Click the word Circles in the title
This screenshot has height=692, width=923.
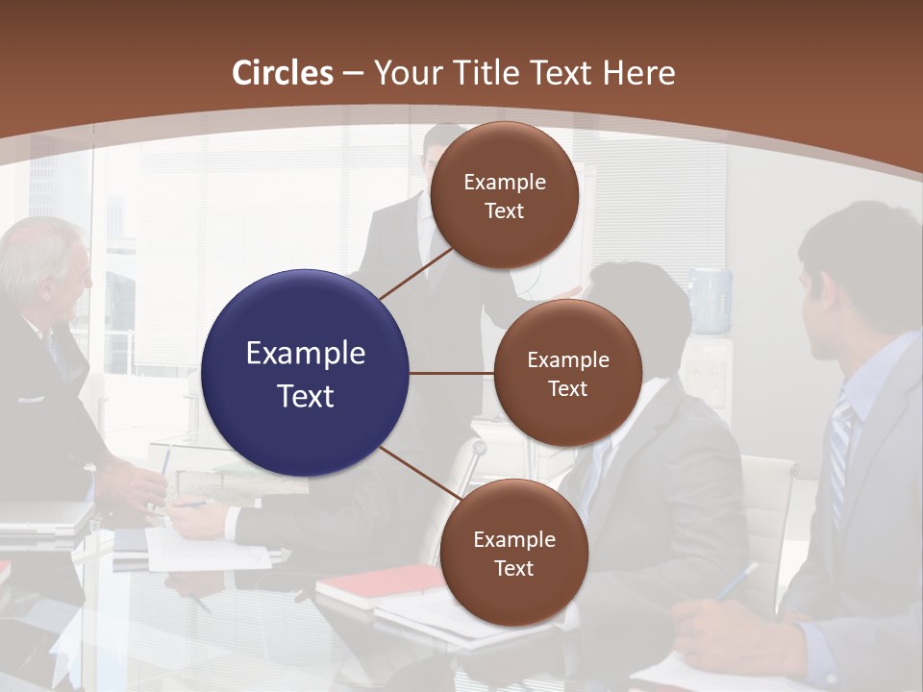tap(282, 73)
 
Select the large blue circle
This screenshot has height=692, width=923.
tap(306, 373)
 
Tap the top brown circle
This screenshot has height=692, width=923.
tap(505, 196)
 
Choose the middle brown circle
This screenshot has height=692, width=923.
tap(568, 373)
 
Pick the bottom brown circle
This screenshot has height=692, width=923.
tap(513, 553)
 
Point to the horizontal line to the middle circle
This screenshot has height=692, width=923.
tap(452, 373)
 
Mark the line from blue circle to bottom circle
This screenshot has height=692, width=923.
tap(419, 477)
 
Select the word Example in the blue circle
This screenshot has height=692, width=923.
tap(306, 354)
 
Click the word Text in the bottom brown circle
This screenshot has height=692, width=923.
tap(513, 569)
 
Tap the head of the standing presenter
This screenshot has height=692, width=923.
tap(443, 149)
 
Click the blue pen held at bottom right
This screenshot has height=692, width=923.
tap(736, 581)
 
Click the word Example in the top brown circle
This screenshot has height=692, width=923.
tap(505, 183)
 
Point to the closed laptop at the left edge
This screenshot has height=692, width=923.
tap(43, 515)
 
